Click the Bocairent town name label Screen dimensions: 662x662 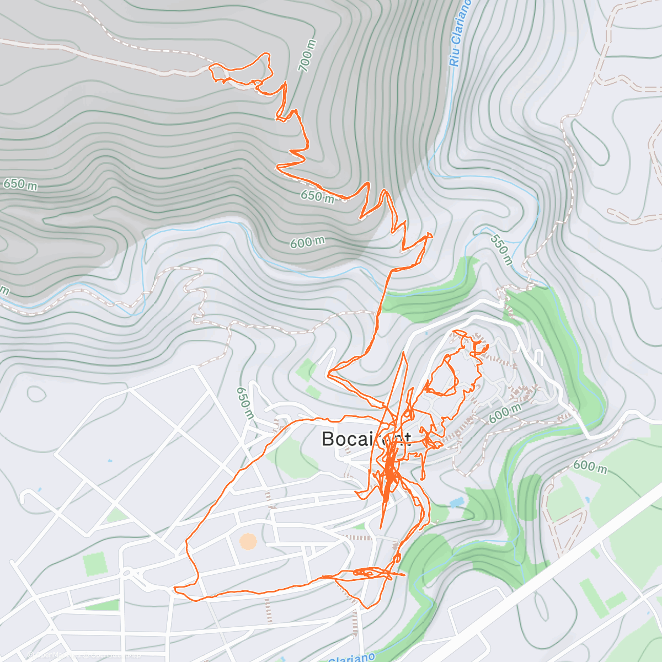click(366, 439)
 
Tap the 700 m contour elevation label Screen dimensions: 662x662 click(307, 55)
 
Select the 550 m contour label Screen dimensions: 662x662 click(500, 249)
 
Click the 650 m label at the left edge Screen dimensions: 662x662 click(20, 184)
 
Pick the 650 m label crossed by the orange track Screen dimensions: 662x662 click(318, 196)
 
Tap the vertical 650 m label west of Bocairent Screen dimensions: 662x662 click(244, 402)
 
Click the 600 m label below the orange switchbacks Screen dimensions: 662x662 click(307, 242)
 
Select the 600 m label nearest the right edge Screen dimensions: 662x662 click(590, 466)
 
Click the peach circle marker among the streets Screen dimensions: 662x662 click(248, 541)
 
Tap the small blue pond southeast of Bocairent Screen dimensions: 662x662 click(457, 503)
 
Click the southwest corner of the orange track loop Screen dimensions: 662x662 click(175, 590)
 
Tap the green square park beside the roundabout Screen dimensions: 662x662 click(93, 564)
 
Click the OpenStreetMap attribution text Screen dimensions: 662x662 click(83, 655)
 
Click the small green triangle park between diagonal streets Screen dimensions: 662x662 click(116, 516)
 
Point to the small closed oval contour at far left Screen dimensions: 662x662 click(36, 394)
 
